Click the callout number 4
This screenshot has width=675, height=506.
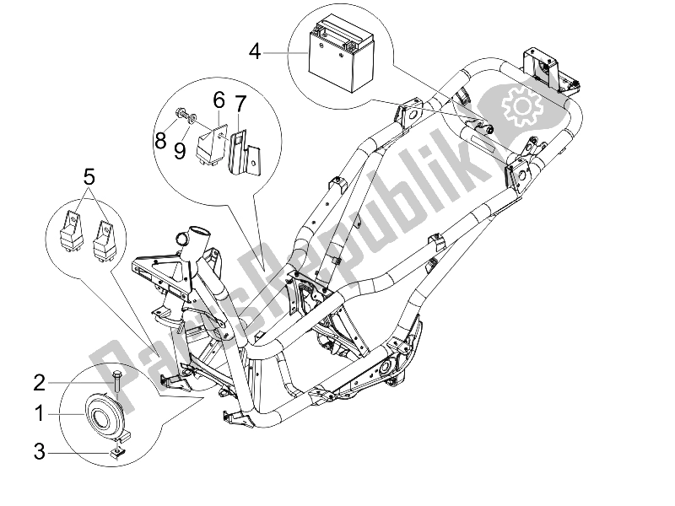click(x=255, y=52)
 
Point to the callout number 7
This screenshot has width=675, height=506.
click(x=240, y=105)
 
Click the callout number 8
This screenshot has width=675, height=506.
click(x=160, y=141)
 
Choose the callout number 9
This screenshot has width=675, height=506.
click(x=181, y=152)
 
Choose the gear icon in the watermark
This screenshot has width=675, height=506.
click(x=519, y=108)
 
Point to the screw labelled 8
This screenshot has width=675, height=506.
click(x=180, y=112)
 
